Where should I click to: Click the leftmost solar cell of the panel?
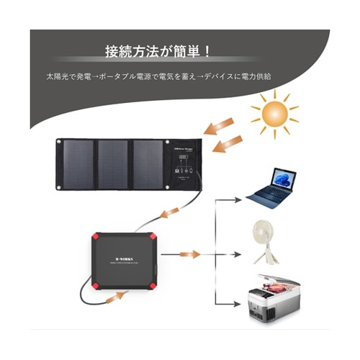pos(78,165)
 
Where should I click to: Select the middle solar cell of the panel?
pos(113,165)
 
